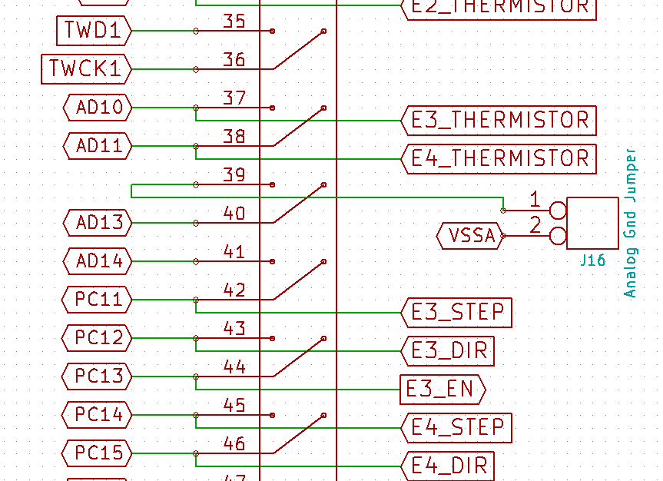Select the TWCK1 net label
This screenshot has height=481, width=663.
pyautogui.click(x=85, y=69)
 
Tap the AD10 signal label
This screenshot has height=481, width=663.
pyautogui.click(x=98, y=108)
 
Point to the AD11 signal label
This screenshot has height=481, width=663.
pyautogui.click(x=98, y=145)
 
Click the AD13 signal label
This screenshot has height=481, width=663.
pyautogui.click(x=98, y=223)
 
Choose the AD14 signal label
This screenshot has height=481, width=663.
pyautogui.click(x=98, y=261)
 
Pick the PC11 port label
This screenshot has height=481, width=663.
pyautogui.click(x=98, y=300)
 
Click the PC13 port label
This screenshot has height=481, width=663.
pyautogui.click(x=98, y=377)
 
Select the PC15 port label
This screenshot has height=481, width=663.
pyautogui.click(x=98, y=453)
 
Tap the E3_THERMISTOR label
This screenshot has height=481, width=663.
pyautogui.click(x=499, y=121)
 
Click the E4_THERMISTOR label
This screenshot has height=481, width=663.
pyautogui.click(x=499, y=159)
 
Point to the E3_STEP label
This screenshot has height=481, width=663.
pyautogui.click(x=457, y=313)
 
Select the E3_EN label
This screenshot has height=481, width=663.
pyautogui.click(x=443, y=390)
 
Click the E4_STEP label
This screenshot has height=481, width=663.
pyautogui.click(x=457, y=427)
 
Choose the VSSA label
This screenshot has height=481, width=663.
pyautogui.click(x=471, y=236)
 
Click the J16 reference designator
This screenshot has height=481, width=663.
pyautogui.click(x=592, y=260)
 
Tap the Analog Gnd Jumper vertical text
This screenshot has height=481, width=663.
pyautogui.click(x=631, y=223)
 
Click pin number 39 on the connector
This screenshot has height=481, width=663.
pyautogui.click(x=234, y=175)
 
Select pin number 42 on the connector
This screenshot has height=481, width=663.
pyautogui.click(x=234, y=290)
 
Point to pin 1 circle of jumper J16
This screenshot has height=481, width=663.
pyautogui.click(x=559, y=209)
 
